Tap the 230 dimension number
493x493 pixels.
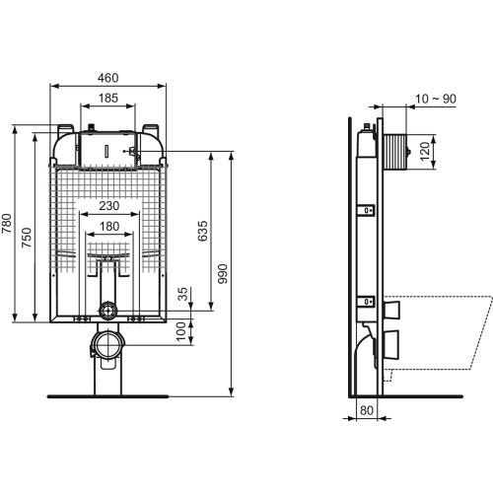click(x=108, y=206)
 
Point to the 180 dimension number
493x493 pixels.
click(x=108, y=228)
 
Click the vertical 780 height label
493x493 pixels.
click(x=8, y=225)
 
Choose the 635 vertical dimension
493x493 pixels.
click(x=204, y=231)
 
